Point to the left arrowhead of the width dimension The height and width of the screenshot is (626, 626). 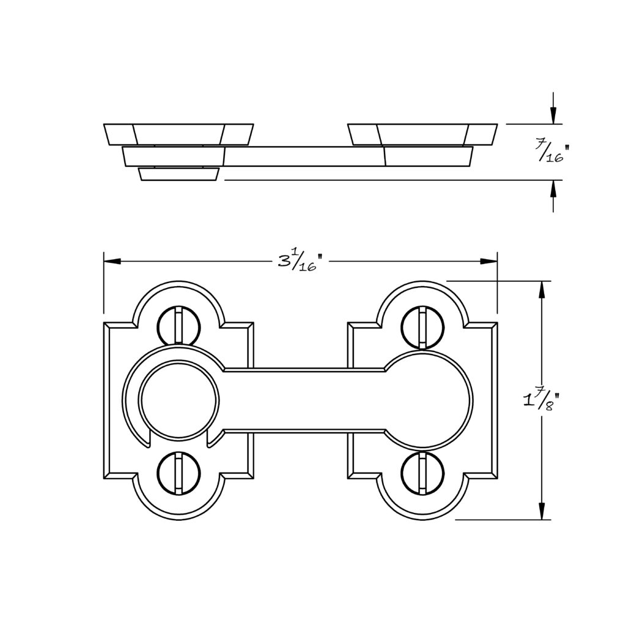[x=112, y=261]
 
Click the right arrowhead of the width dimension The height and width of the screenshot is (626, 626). [x=488, y=261]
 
